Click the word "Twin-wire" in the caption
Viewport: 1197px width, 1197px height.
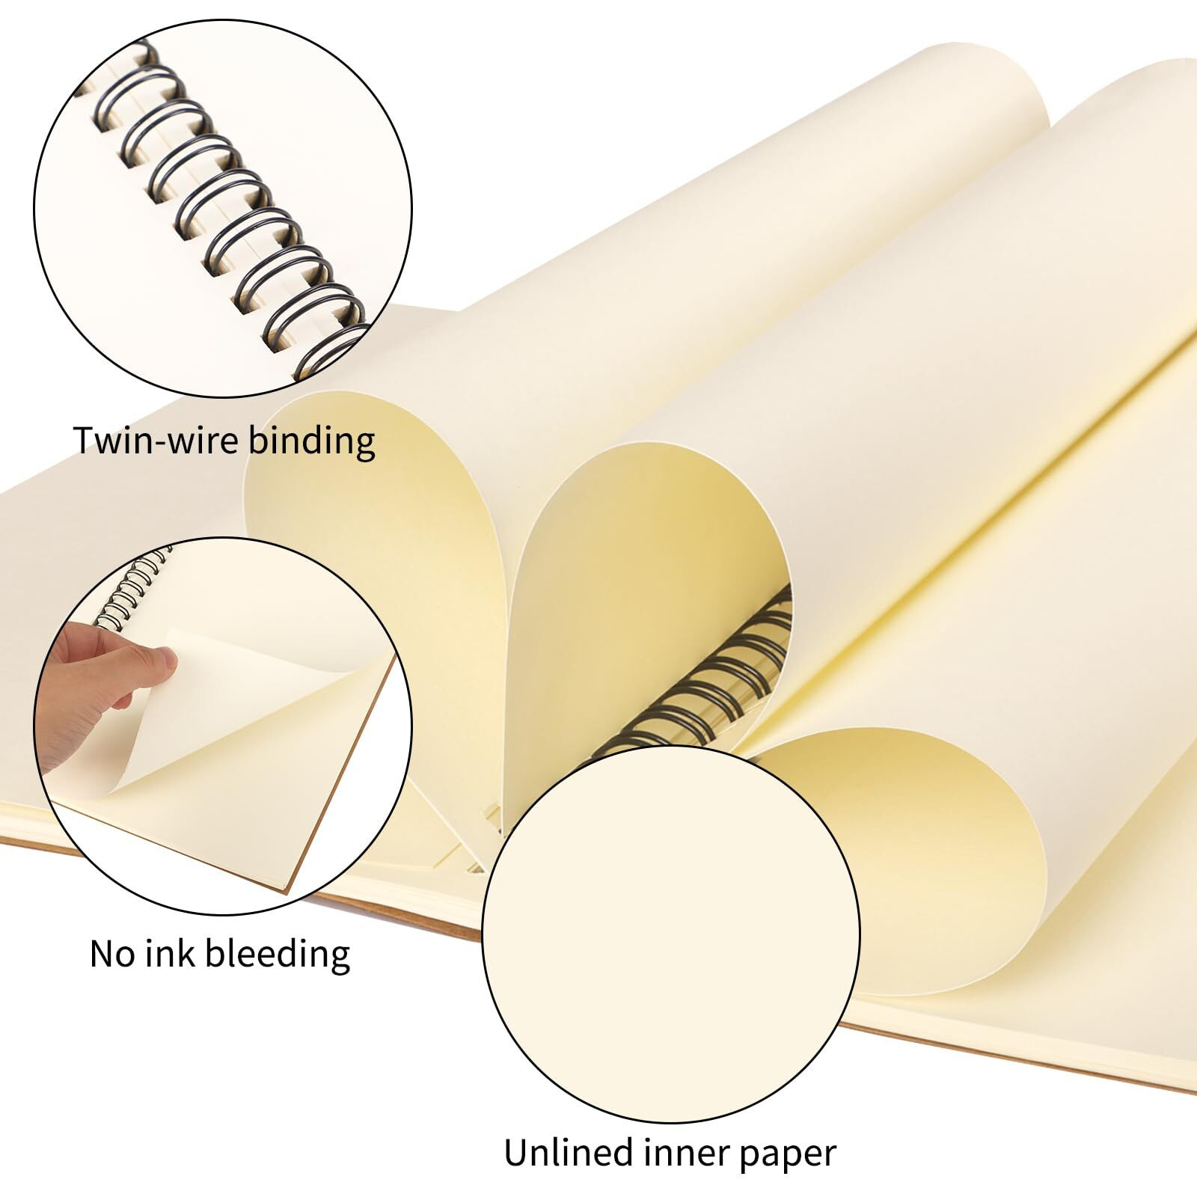157,441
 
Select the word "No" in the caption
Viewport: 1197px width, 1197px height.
112,955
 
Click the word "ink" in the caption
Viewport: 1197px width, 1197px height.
170,955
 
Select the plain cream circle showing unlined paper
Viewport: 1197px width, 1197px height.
670,935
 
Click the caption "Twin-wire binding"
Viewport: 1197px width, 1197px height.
224,441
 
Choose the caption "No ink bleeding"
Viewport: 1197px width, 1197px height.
219,955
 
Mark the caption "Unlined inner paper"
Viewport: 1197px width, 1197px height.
669,1154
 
